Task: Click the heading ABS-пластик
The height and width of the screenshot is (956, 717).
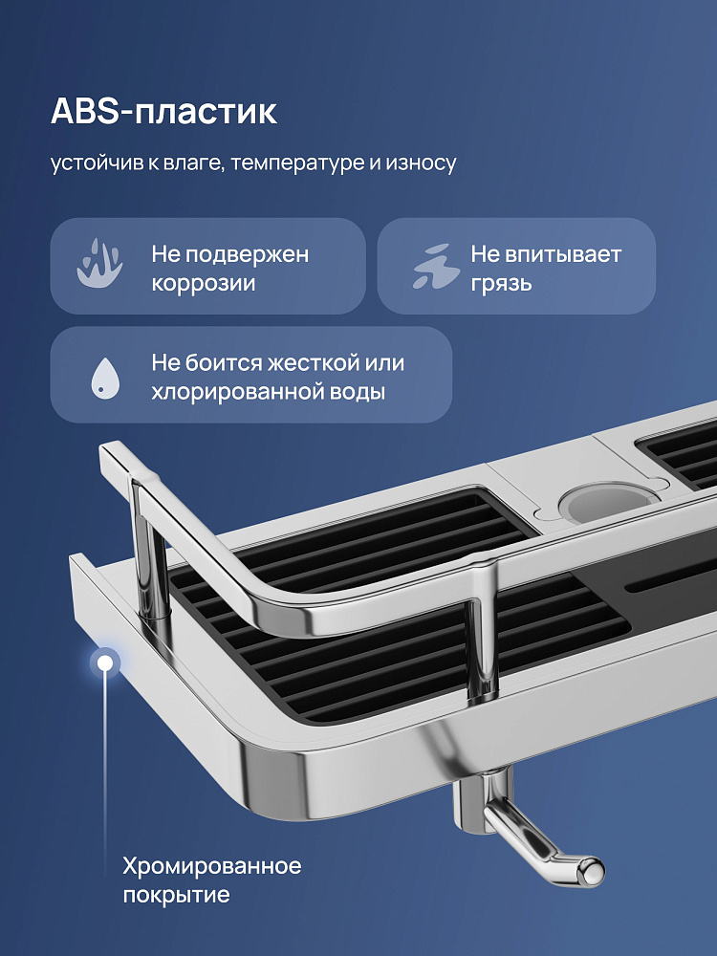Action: (163, 112)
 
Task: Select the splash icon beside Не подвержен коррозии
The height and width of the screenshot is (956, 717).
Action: (100, 264)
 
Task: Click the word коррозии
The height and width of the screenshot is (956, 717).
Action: (203, 284)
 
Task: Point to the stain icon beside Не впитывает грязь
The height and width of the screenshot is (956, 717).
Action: (435, 267)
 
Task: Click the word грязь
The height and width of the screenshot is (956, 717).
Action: (501, 284)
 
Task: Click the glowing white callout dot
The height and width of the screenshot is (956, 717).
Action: (105, 663)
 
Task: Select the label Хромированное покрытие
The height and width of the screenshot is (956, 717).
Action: (211, 880)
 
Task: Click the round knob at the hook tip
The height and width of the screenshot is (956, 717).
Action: (591, 870)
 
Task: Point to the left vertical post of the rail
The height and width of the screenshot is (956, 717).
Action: (149, 549)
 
